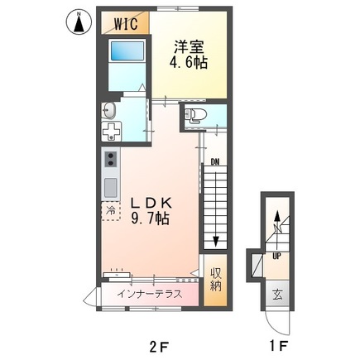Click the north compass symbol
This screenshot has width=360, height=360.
pyautogui.click(x=79, y=23)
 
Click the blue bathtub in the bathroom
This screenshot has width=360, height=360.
pyautogui.click(x=126, y=56)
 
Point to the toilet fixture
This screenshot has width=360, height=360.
pyautogui.click(x=194, y=117)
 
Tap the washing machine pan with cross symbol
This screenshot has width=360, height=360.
pyautogui.click(x=112, y=132)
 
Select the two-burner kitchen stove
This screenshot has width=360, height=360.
pyautogui.click(x=112, y=159)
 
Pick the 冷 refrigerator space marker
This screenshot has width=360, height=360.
pyautogui.click(x=111, y=211)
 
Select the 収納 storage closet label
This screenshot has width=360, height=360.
pyautogui.click(x=214, y=281)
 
